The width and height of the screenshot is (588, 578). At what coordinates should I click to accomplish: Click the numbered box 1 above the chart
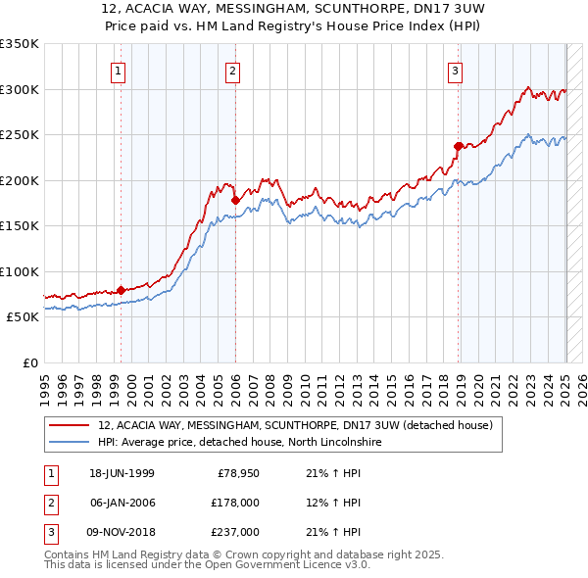pyautogui.click(x=118, y=70)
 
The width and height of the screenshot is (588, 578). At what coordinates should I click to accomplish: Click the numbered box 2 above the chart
pyautogui.click(x=232, y=70)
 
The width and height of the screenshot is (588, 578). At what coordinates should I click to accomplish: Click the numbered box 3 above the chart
pyautogui.click(x=456, y=70)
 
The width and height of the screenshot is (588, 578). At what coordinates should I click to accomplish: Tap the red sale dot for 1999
pyautogui.click(x=121, y=290)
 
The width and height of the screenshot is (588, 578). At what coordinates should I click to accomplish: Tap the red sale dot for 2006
pyautogui.click(x=235, y=200)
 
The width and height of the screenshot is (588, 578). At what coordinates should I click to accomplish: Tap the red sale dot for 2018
pyautogui.click(x=458, y=146)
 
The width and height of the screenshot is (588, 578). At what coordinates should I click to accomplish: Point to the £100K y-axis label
pyautogui.click(x=19, y=271)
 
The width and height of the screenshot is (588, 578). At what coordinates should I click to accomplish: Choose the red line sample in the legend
pyautogui.click(x=68, y=425)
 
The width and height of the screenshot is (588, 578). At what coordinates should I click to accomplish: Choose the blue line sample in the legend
pyautogui.click(x=68, y=442)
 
